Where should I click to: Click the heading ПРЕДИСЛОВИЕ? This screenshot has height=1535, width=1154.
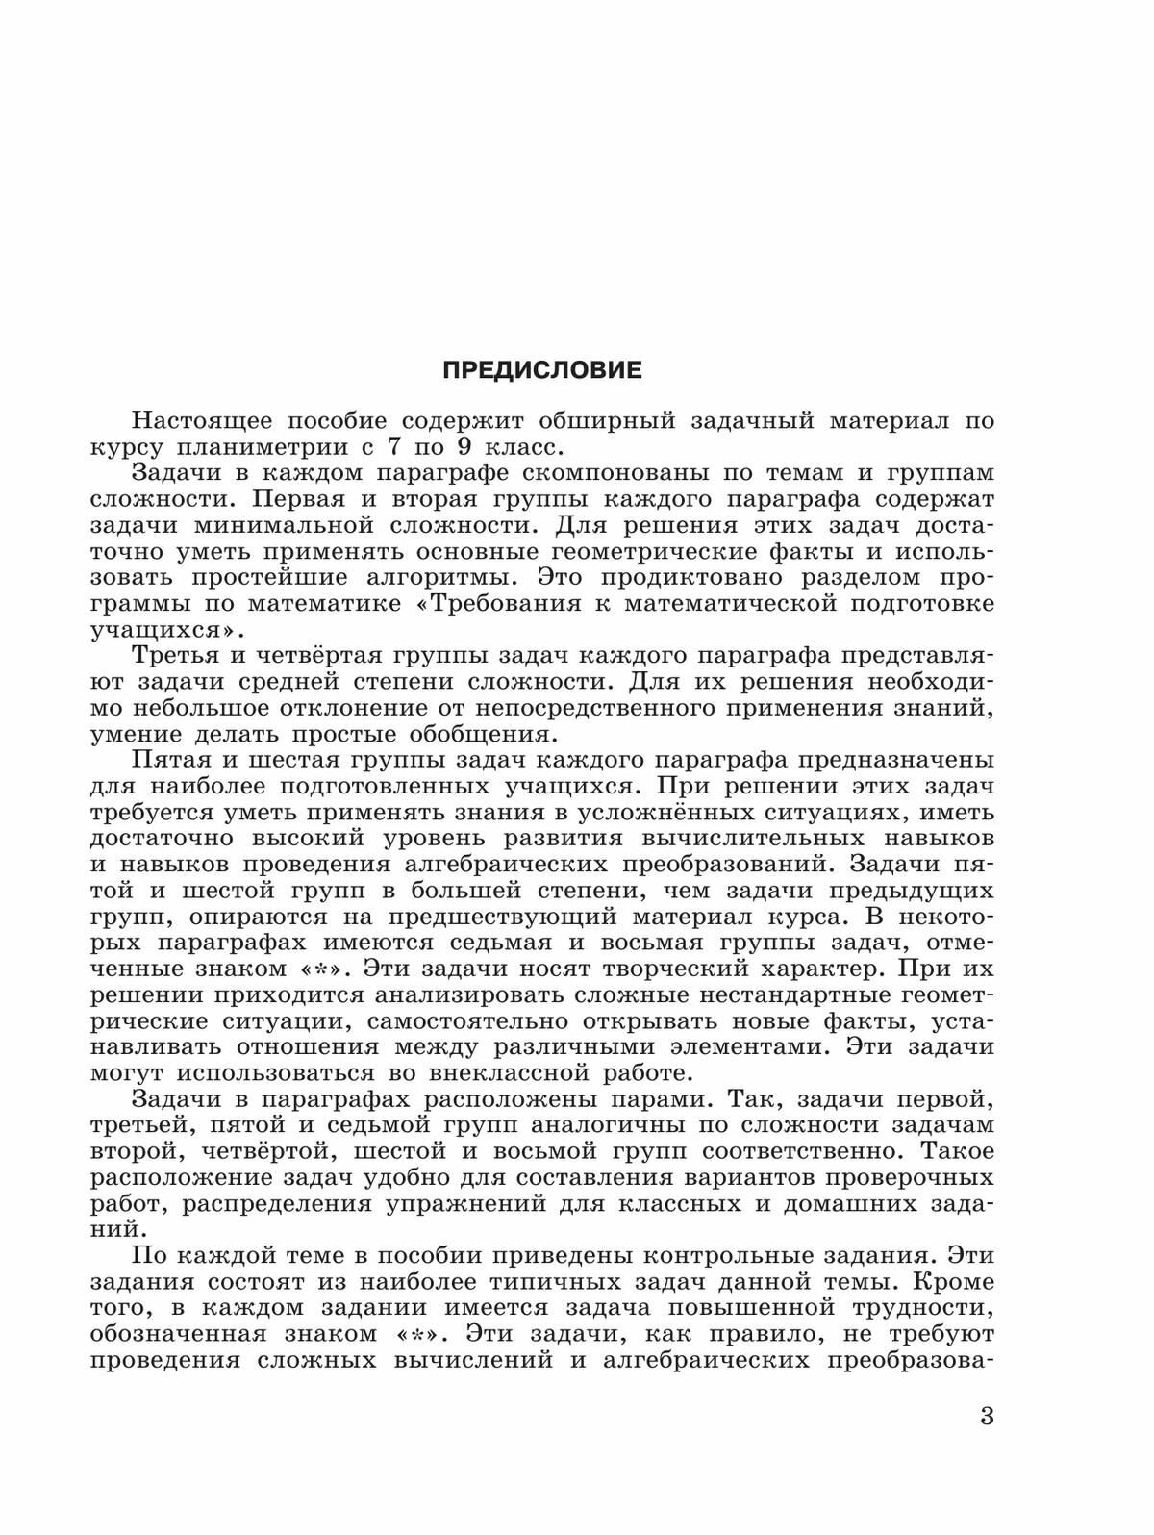click(541, 370)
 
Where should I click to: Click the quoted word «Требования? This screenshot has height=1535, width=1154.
click(512, 604)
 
